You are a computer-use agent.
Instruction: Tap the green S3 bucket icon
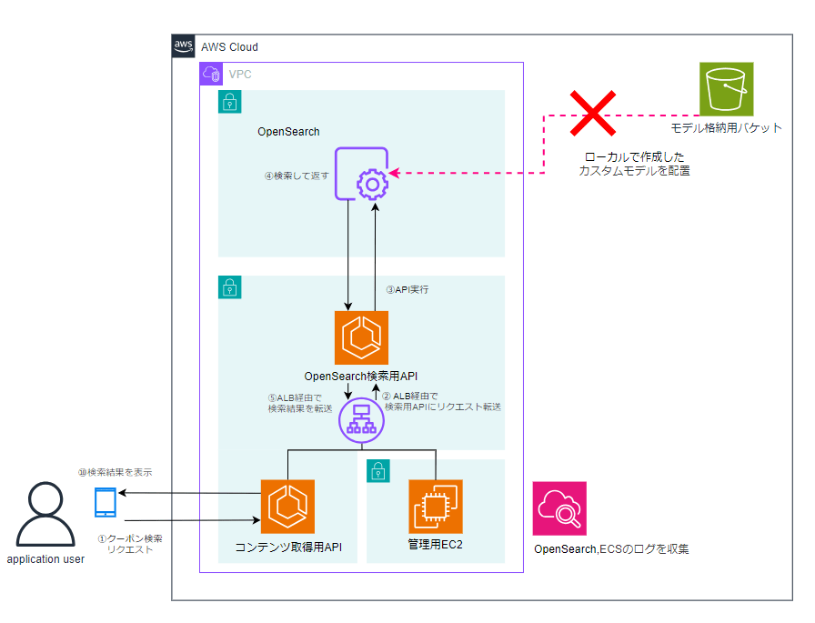[x=727, y=89]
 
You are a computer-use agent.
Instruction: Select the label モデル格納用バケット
[x=726, y=128]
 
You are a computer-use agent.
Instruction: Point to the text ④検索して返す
[x=296, y=176]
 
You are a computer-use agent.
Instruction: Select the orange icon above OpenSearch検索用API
[x=361, y=337]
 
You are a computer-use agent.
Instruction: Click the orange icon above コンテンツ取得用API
[x=287, y=506]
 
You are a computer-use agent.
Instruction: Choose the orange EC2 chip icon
[x=436, y=506]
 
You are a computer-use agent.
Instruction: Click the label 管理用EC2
[x=436, y=546]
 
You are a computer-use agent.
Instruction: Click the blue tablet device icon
[x=106, y=502]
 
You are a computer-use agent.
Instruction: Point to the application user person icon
[x=46, y=515]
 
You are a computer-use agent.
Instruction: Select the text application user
[x=45, y=559]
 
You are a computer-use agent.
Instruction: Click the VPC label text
[x=240, y=74]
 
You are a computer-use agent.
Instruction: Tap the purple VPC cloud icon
[x=211, y=74]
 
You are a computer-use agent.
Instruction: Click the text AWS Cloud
[x=229, y=47]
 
